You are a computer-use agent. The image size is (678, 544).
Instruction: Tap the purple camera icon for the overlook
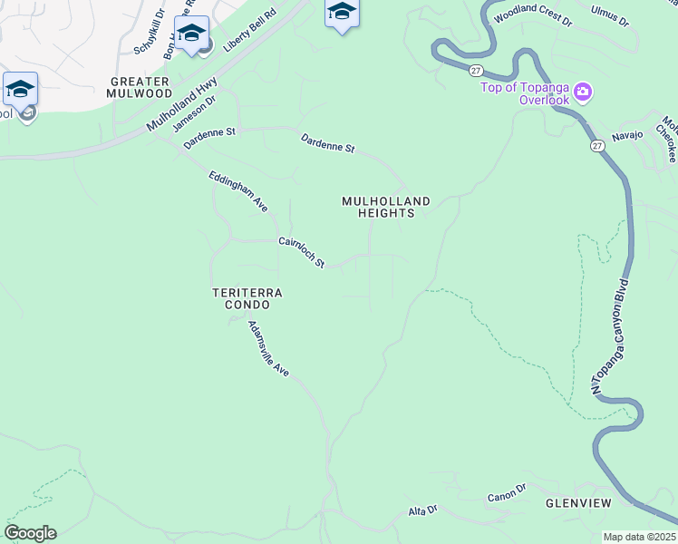pos(582,92)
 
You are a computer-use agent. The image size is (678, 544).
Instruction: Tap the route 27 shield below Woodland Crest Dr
pos(475,70)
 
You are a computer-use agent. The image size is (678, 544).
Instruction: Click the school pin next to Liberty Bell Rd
pos(191,34)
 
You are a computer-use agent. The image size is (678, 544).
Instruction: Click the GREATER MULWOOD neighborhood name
pos(139,87)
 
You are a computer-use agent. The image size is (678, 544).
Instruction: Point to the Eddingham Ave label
pos(238,191)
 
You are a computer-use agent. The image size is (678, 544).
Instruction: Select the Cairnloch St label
pos(301,252)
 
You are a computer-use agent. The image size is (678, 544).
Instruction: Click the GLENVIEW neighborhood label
pos(578,502)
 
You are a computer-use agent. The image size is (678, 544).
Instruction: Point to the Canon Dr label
pos(506,493)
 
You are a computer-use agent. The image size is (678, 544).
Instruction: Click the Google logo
pos(30,533)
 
